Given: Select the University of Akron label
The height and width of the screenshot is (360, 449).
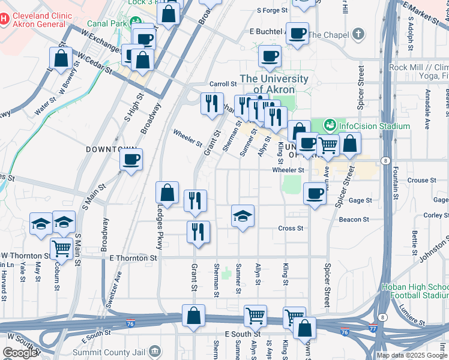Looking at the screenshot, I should [274, 84].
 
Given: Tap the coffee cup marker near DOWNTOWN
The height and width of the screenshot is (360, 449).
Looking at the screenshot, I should [131, 160].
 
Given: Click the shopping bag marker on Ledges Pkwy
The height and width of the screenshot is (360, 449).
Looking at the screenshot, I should [167, 193].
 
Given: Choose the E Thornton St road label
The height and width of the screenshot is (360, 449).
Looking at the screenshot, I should [133, 257].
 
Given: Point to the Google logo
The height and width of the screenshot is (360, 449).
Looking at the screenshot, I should [20, 353].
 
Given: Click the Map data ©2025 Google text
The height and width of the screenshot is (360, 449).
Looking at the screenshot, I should [412, 355].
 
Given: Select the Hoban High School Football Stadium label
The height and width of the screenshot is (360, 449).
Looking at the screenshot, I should [414, 291].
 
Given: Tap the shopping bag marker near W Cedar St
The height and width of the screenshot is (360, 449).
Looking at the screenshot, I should [61, 58].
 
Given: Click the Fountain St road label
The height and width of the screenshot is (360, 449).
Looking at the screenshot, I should [395, 179].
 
